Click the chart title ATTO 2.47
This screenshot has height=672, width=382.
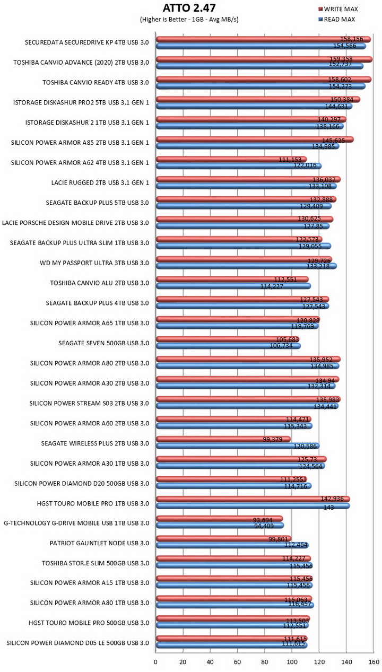tap(189, 8)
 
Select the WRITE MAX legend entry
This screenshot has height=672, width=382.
tap(338, 9)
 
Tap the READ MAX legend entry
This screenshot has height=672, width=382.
tap(337, 20)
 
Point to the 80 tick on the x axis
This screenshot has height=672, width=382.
tap(264, 662)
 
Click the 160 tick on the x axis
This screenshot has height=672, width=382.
tap(374, 662)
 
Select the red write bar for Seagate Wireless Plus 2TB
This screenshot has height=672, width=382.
tap(223, 439)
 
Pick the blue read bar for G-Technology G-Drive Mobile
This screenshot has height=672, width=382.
tap(220, 525)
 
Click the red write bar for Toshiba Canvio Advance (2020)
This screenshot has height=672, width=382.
tap(264, 59)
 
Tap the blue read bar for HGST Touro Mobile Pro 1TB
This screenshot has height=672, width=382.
tap(253, 506)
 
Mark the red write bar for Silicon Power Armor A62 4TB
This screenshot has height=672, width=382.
tap(231, 159)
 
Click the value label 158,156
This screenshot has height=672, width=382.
tap(351, 39)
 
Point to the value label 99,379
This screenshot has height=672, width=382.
tap(273, 439)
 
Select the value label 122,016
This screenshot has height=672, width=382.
tap(305, 165)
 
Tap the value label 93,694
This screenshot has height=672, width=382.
tap(263, 520)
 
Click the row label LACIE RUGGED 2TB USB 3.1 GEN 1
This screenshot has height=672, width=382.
tap(100, 182)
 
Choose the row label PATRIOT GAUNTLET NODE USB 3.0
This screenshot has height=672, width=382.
tap(99, 543)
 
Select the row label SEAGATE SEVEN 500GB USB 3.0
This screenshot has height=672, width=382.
tap(103, 343)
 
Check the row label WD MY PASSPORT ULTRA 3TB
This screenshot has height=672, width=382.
tap(83, 263)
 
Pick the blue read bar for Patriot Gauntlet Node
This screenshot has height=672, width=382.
tap(232, 545)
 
